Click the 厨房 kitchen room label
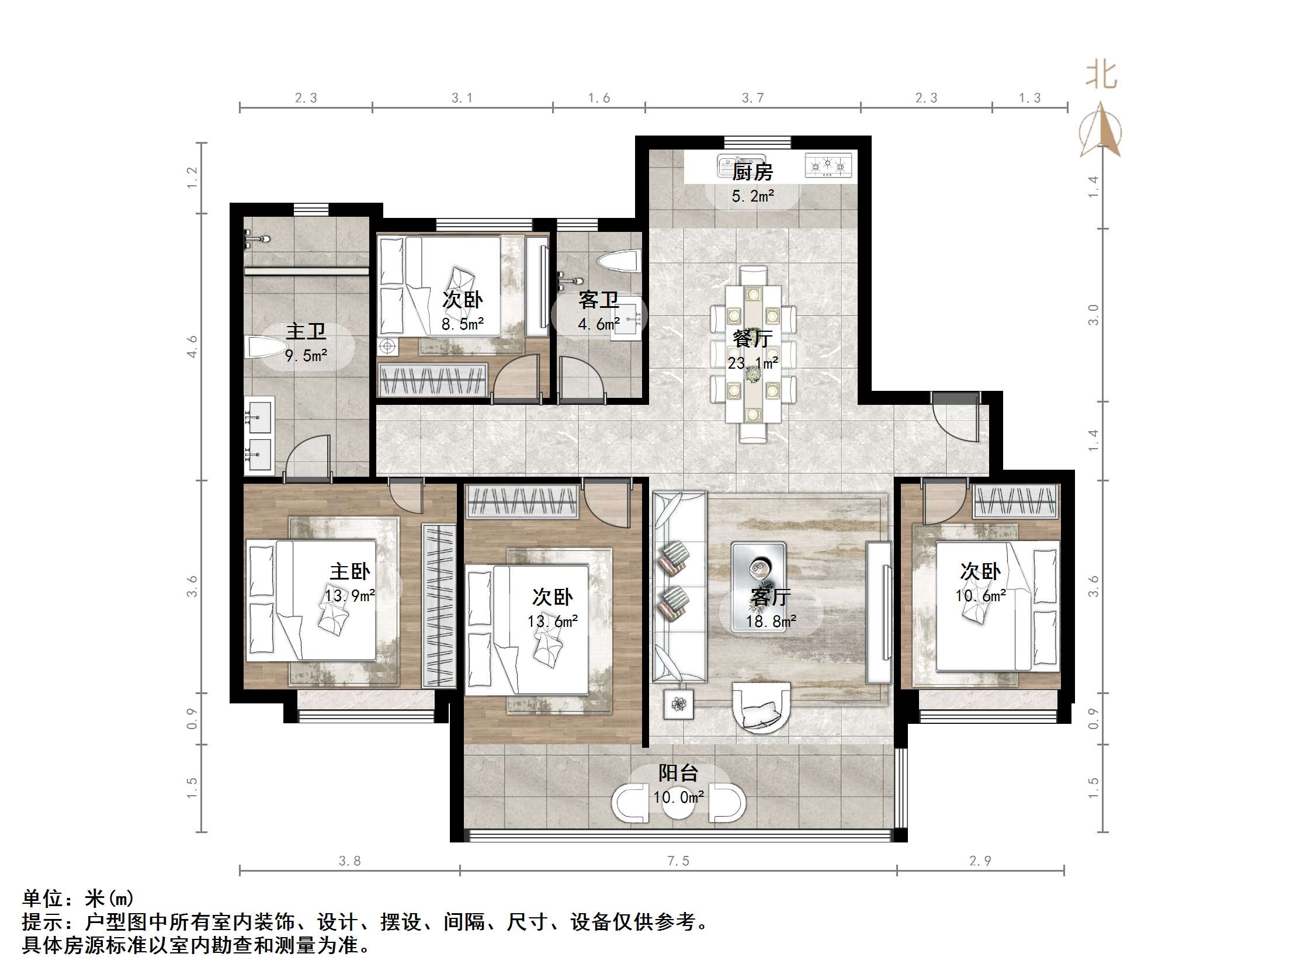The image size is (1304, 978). click(x=752, y=172)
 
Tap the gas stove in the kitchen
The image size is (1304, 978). click(x=828, y=166)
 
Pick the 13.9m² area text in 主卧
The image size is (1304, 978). click(x=349, y=595)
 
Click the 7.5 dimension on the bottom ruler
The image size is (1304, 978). click(x=678, y=861)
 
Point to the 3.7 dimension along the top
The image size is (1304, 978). click(x=752, y=98)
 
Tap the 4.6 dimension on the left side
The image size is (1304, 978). click(x=192, y=346)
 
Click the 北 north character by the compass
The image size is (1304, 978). click(x=1101, y=75)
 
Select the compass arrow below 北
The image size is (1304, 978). click(x=1100, y=131)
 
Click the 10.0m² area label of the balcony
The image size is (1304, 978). click(x=678, y=797)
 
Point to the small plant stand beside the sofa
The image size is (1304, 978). click(x=678, y=704)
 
